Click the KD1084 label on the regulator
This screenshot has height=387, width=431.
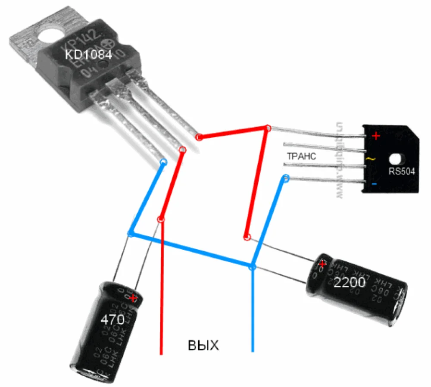tap(88, 55)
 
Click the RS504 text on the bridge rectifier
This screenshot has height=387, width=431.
tap(401, 171)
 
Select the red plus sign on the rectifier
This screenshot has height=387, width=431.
tap(376, 136)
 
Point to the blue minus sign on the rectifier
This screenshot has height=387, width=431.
tap(374, 184)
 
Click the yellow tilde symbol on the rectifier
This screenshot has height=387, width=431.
tap(370, 159)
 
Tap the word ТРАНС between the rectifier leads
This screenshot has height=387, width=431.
tap(301, 156)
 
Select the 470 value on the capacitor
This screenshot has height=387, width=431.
tap(112, 319)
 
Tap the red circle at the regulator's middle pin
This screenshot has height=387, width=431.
tap(183, 150)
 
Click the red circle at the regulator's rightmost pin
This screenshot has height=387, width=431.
tap(199, 137)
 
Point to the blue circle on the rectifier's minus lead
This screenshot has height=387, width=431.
tap(285, 177)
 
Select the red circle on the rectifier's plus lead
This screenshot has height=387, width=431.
tap(268, 128)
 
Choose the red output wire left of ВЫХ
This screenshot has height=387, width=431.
tap(162, 302)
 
